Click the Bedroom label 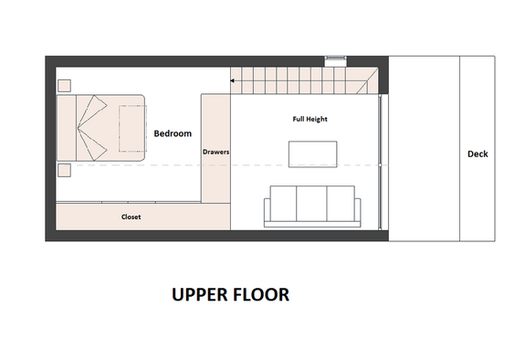[173, 133]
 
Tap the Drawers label [215, 152]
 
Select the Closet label [131, 217]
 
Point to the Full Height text [310, 120]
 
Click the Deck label [478, 154]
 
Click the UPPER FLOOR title [230, 294]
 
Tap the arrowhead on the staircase [233, 81]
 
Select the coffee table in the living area [312, 154]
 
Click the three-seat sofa [311, 206]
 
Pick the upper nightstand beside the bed [65, 85]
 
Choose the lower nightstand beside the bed [65, 169]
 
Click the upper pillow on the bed [92, 111]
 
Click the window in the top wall [335, 60]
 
